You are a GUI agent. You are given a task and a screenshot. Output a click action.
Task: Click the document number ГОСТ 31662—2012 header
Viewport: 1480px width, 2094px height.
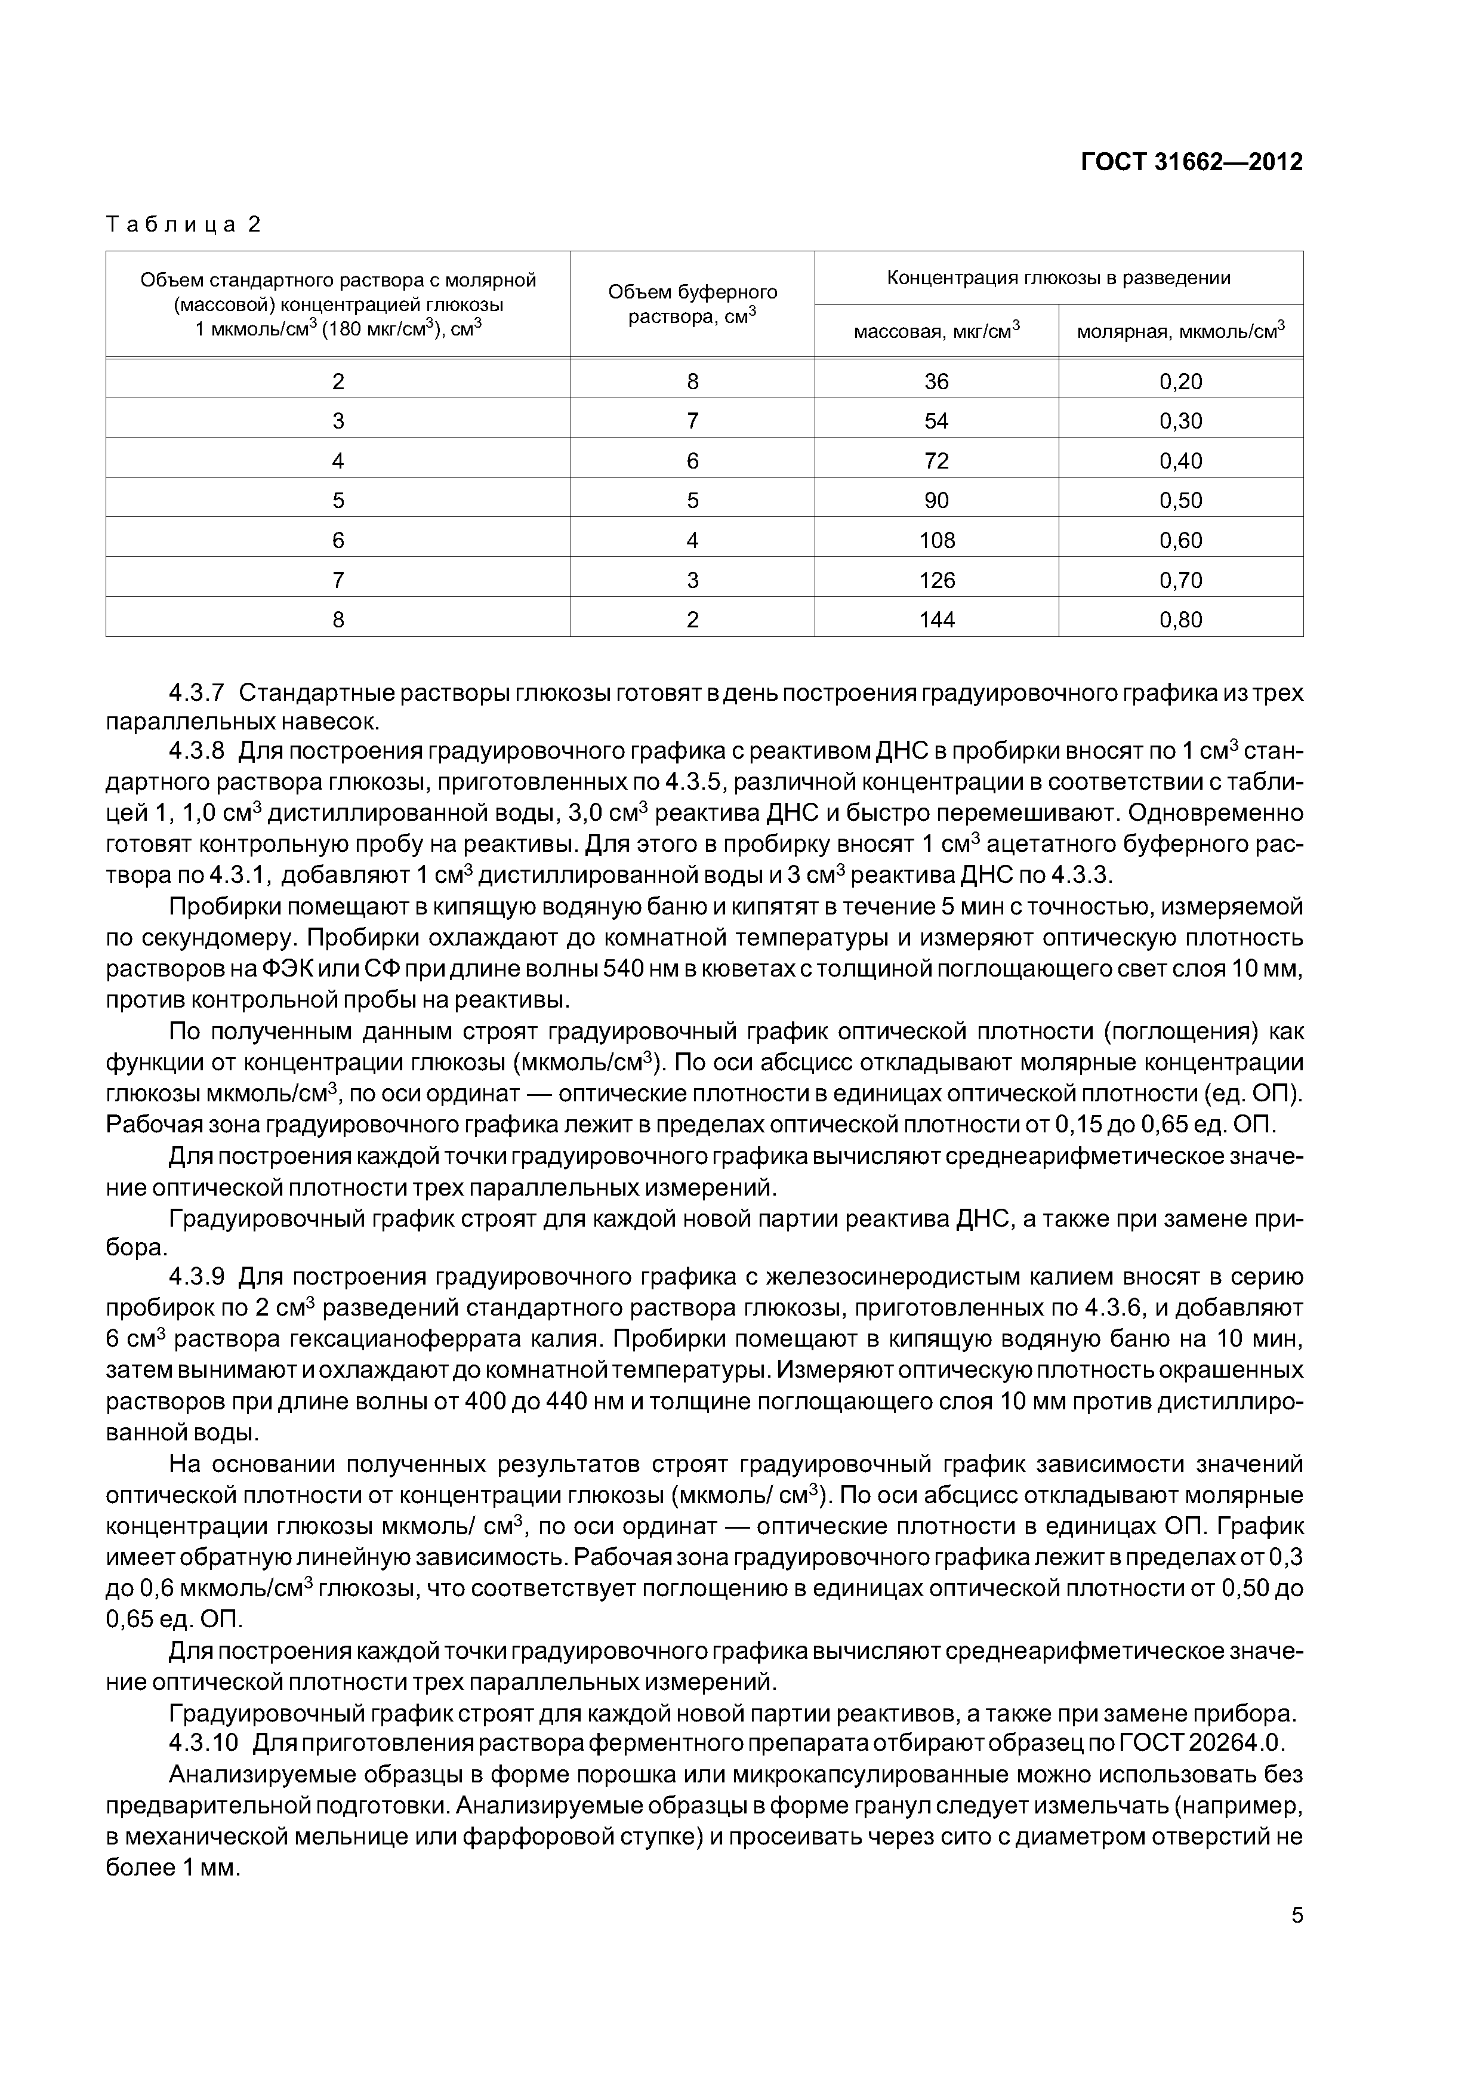click(x=1191, y=162)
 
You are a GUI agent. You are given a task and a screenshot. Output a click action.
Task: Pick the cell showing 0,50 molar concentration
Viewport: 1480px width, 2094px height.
click(x=1181, y=501)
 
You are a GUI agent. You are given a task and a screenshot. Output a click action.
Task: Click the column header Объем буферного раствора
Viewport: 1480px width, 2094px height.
click(x=692, y=304)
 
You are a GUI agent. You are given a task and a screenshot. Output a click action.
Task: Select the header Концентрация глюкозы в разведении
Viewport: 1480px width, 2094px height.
click(x=1059, y=278)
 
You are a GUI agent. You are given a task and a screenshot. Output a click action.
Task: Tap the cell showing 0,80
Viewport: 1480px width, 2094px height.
click(x=1181, y=620)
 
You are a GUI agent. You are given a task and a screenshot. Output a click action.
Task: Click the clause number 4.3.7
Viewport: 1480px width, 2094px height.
click(x=196, y=693)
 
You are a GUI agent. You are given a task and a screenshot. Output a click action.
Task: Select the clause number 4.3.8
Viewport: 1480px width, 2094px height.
click(x=196, y=752)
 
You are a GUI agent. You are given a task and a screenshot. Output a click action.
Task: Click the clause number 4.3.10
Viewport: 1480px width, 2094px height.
click(x=202, y=1743)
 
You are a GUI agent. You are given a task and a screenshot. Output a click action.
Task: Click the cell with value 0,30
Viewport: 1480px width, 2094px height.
click(x=1181, y=421)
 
